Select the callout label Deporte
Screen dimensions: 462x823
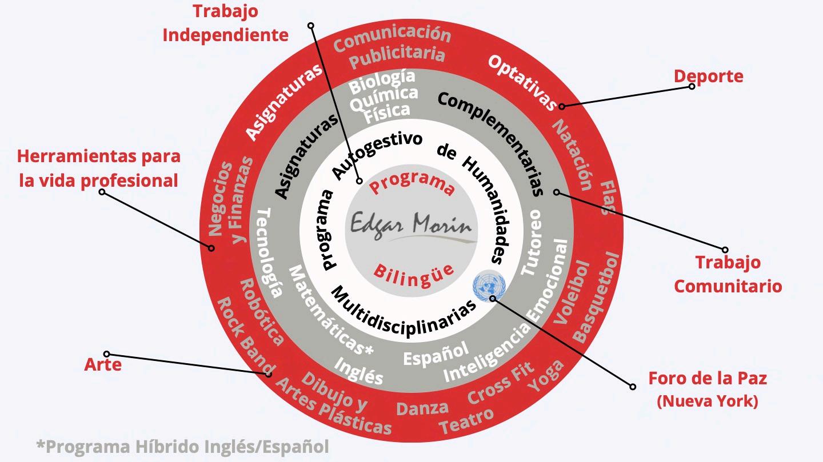coord(708,76)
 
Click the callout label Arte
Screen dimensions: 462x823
coord(103,364)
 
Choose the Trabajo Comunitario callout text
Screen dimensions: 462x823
coord(728,274)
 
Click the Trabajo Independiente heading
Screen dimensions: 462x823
coord(225,23)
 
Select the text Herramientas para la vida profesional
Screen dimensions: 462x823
coord(98,168)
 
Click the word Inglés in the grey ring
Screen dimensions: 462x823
coord(358,371)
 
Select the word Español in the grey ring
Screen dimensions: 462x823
coord(436,353)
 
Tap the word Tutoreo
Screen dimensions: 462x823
coord(531,243)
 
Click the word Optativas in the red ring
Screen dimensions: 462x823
coord(522,83)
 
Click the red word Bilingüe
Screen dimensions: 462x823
coord(413,270)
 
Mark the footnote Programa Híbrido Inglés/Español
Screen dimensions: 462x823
coord(182,445)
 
